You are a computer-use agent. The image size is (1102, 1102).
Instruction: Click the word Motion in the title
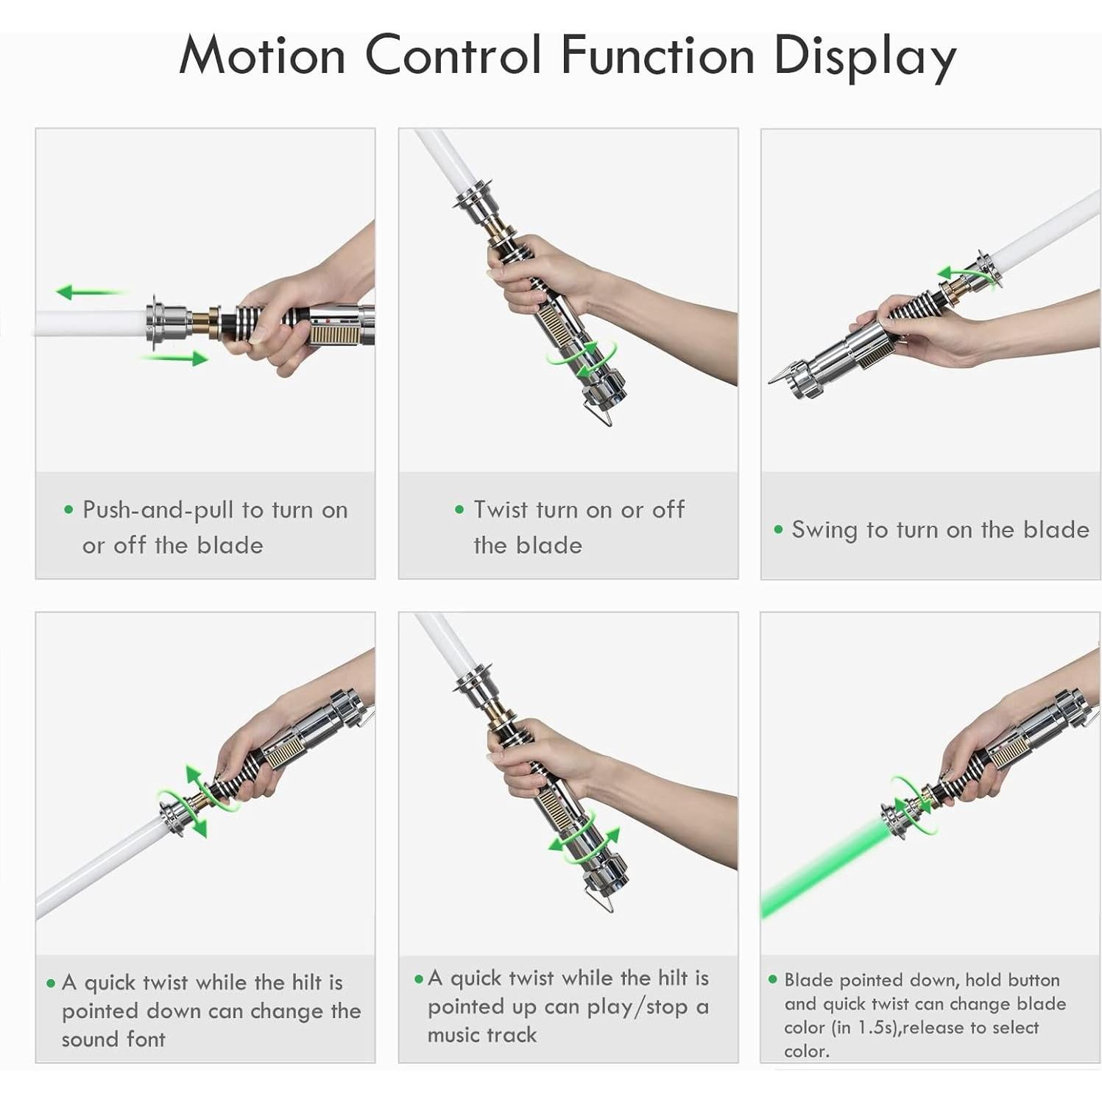262,55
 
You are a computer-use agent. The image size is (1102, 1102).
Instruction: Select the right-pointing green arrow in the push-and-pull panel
174,358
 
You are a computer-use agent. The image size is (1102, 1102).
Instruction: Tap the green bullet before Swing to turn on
778,529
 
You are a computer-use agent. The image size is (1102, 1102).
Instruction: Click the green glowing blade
824,869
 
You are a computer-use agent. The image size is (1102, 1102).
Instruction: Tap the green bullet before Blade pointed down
772,979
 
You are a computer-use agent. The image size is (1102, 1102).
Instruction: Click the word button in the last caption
1033,980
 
